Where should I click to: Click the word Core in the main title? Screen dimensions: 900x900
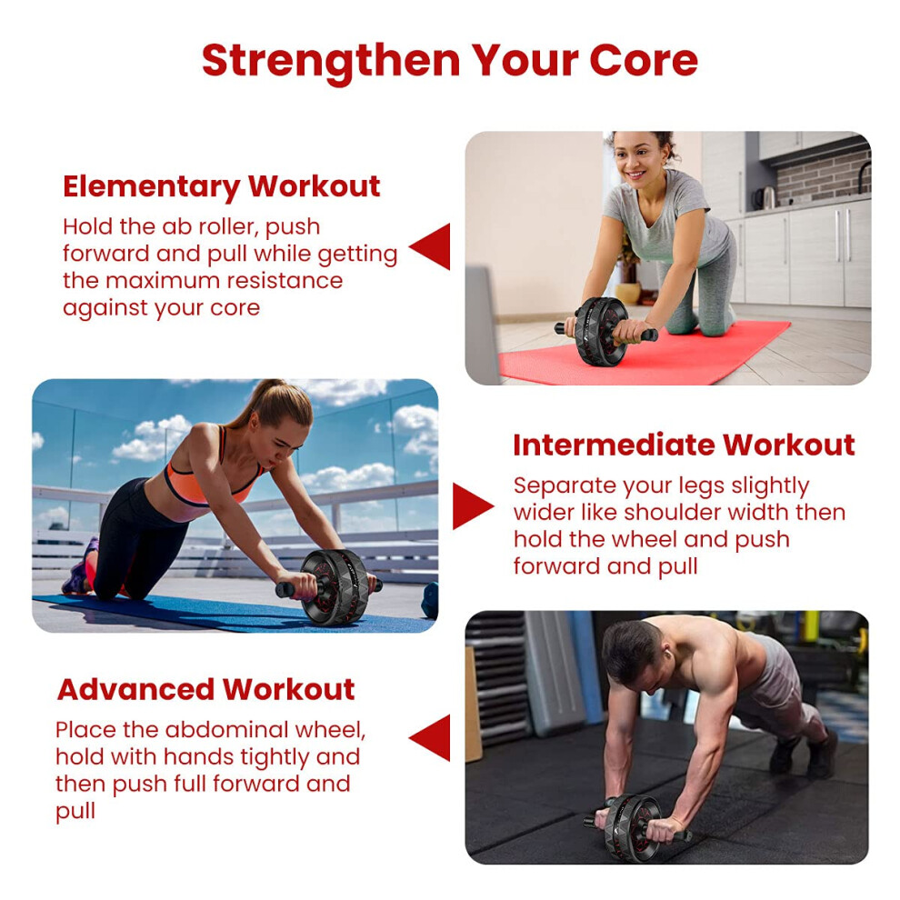pyautogui.click(x=644, y=60)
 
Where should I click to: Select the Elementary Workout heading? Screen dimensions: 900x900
pyautogui.click(x=222, y=186)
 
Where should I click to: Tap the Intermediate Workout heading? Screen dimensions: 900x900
pyautogui.click(x=684, y=445)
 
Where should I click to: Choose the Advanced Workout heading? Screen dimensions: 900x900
pyautogui.click(x=206, y=689)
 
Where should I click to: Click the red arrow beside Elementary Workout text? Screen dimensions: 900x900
pyautogui.click(x=430, y=246)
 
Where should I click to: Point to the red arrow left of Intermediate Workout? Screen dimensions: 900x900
pyautogui.click(x=473, y=505)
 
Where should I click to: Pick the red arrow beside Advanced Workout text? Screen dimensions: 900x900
pyautogui.click(x=430, y=738)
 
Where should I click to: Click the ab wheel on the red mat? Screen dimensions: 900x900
pyautogui.click(x=602, y=331)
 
